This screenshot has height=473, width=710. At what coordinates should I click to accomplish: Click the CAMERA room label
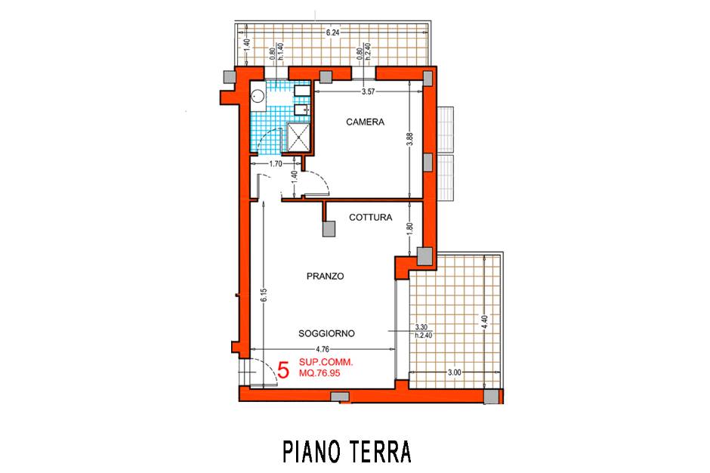tap(365, 122)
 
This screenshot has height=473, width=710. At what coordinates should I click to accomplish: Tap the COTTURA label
tap(370, 218)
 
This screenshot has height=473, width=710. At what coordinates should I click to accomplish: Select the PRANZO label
tap(325, 276)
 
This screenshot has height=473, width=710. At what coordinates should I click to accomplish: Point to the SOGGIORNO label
tap(326, 333)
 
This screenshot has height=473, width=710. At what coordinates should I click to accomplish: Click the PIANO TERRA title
tap(347, 451)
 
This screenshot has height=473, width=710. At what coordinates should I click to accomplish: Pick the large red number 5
tap(283, 370)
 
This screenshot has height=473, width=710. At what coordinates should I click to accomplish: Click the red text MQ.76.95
tap(319, 373)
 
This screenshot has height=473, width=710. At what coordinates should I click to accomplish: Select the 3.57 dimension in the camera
tap(368, 92)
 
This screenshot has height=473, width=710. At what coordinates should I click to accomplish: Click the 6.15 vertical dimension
tap(264, 295)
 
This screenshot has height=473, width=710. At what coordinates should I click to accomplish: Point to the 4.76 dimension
tap(323, 349)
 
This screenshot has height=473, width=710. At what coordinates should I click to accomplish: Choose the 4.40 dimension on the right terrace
tap(484, 322)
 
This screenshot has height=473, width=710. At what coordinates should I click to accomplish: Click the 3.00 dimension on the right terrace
tap(454, 373)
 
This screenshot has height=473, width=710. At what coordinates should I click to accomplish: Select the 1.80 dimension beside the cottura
tap(410, 229)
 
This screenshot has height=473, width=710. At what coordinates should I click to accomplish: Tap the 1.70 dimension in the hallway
tap(276, 164)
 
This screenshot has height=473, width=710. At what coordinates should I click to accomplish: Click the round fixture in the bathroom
tap(258, 96)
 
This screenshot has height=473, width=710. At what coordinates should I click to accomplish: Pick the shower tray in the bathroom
tap(298, 136)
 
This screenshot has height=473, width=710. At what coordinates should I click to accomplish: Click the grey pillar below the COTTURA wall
tap(329, 229)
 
